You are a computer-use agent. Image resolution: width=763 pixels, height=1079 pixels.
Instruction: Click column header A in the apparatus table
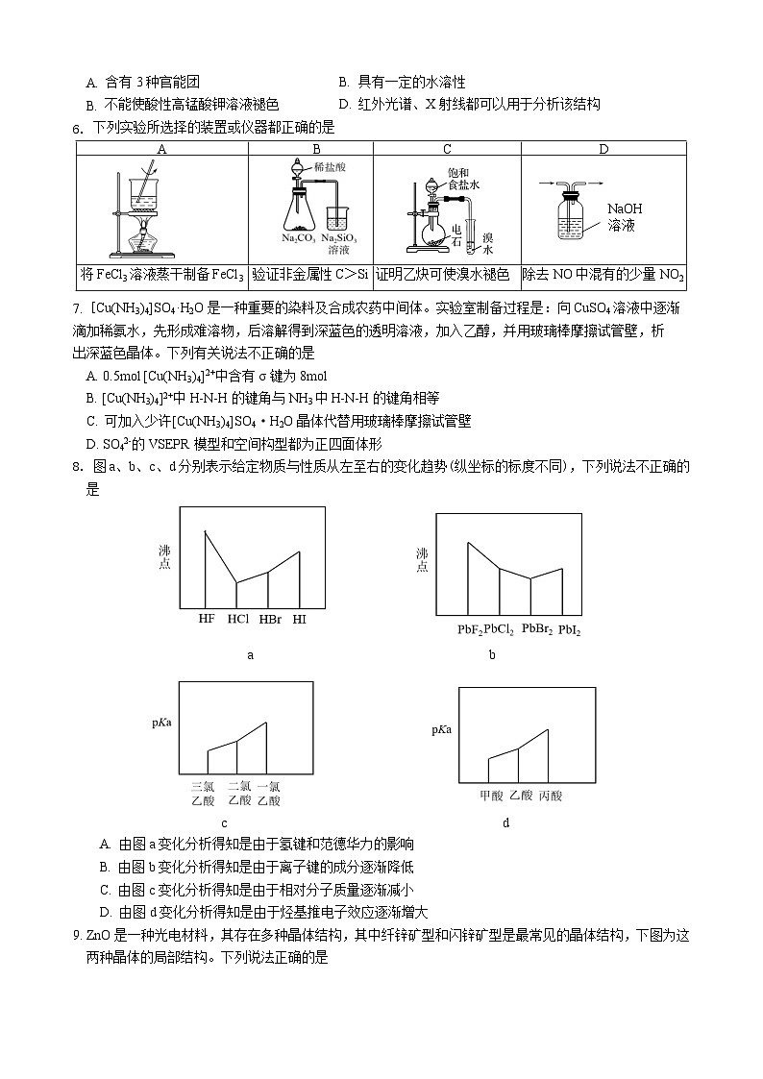point(161,149)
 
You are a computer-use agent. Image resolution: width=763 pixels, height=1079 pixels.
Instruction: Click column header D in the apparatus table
point(603,149)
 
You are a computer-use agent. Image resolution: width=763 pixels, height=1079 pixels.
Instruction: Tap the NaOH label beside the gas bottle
point(625,208)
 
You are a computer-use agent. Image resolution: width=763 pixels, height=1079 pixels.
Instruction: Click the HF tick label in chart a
point(207,619)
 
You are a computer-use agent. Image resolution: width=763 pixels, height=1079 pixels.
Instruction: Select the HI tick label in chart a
point(300,619)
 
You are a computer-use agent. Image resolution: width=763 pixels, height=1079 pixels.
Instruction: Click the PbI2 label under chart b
point(569,630)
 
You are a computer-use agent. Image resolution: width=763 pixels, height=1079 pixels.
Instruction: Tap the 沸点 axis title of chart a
point(164,558)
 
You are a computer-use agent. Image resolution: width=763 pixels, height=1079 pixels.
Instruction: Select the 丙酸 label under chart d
point(551,796)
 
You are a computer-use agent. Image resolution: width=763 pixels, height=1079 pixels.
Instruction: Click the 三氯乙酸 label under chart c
point(203,792)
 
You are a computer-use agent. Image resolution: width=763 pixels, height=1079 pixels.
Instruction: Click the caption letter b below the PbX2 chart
point(492,656)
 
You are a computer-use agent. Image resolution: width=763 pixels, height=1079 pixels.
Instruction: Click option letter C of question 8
point(104,890)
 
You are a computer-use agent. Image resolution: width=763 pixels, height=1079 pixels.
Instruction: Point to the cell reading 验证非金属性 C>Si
point(310,276)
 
